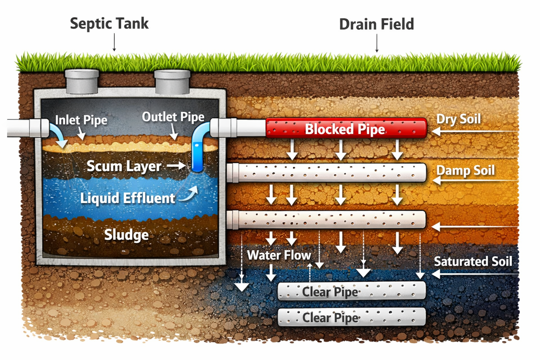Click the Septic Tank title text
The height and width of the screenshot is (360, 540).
[109, 24]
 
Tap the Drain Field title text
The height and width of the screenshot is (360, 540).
[376, 25]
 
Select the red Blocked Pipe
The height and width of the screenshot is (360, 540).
[346, 129]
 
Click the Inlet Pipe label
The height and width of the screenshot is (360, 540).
[81, 120]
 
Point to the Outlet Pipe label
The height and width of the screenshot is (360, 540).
[173, 117]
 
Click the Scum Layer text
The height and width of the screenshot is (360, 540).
[124, 166]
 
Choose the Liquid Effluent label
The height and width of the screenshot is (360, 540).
[127, 198]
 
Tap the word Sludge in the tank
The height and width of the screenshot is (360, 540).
[126, 235]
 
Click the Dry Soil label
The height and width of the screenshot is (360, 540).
[458, 119]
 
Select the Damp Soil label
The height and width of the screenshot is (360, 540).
[465, 171]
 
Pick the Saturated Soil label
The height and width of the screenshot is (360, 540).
[472, 262]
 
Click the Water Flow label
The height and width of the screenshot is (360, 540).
[279, 255]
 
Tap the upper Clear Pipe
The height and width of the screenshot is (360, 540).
[352, 291]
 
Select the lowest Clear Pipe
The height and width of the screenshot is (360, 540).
[352, 317]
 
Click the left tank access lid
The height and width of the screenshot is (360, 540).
[82, 81]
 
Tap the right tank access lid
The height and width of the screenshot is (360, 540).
[172, 82]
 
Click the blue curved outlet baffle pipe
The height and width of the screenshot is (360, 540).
[198, 149]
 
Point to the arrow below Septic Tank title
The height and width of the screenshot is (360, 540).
[114, 44]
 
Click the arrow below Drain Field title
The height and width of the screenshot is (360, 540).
[377, 45]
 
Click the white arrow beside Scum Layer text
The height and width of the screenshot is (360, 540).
[176, 166]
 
